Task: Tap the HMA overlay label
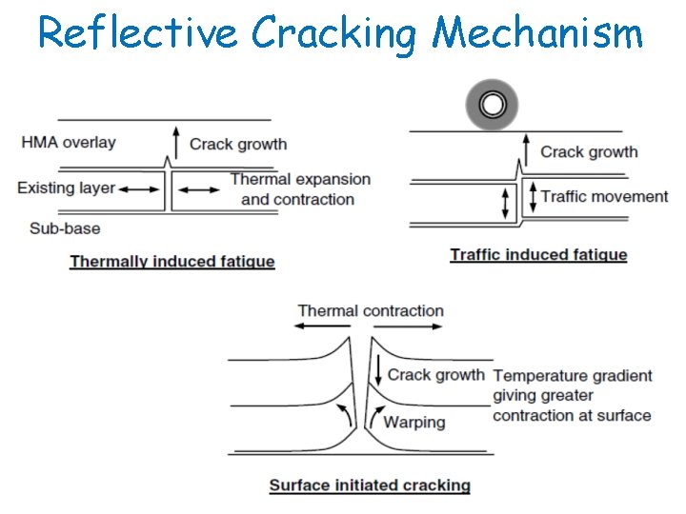(68, 143)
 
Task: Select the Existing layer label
(66, 188)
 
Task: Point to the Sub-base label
(64, 228)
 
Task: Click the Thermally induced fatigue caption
(172, 262)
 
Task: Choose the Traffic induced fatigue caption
(538, 254)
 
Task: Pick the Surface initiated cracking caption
(370, 485)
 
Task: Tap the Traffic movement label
(604, 196)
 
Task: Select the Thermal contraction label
(370, 310)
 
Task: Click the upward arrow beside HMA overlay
(174, 145)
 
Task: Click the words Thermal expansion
(300, 179)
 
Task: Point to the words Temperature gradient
(572, 375)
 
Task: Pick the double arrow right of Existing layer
(140, 189)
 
